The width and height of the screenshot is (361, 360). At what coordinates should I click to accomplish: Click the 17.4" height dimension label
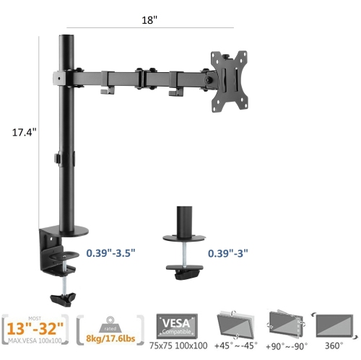click(x=24, y=132)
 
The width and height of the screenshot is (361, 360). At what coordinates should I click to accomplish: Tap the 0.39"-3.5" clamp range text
click(x=110, y=253)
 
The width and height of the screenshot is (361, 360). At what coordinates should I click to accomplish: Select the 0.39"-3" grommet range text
click(x=228, y=253)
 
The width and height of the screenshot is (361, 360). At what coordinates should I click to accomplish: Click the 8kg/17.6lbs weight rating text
click(x=109, y=338)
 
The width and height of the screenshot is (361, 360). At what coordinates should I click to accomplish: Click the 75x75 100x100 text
click(x=178, y=345)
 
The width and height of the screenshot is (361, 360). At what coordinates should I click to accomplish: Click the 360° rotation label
click(x=334, y=345)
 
